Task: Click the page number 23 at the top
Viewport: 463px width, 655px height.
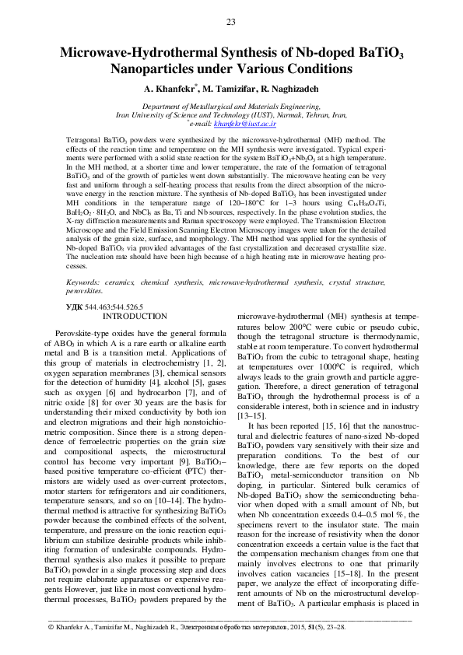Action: point(231,21)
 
